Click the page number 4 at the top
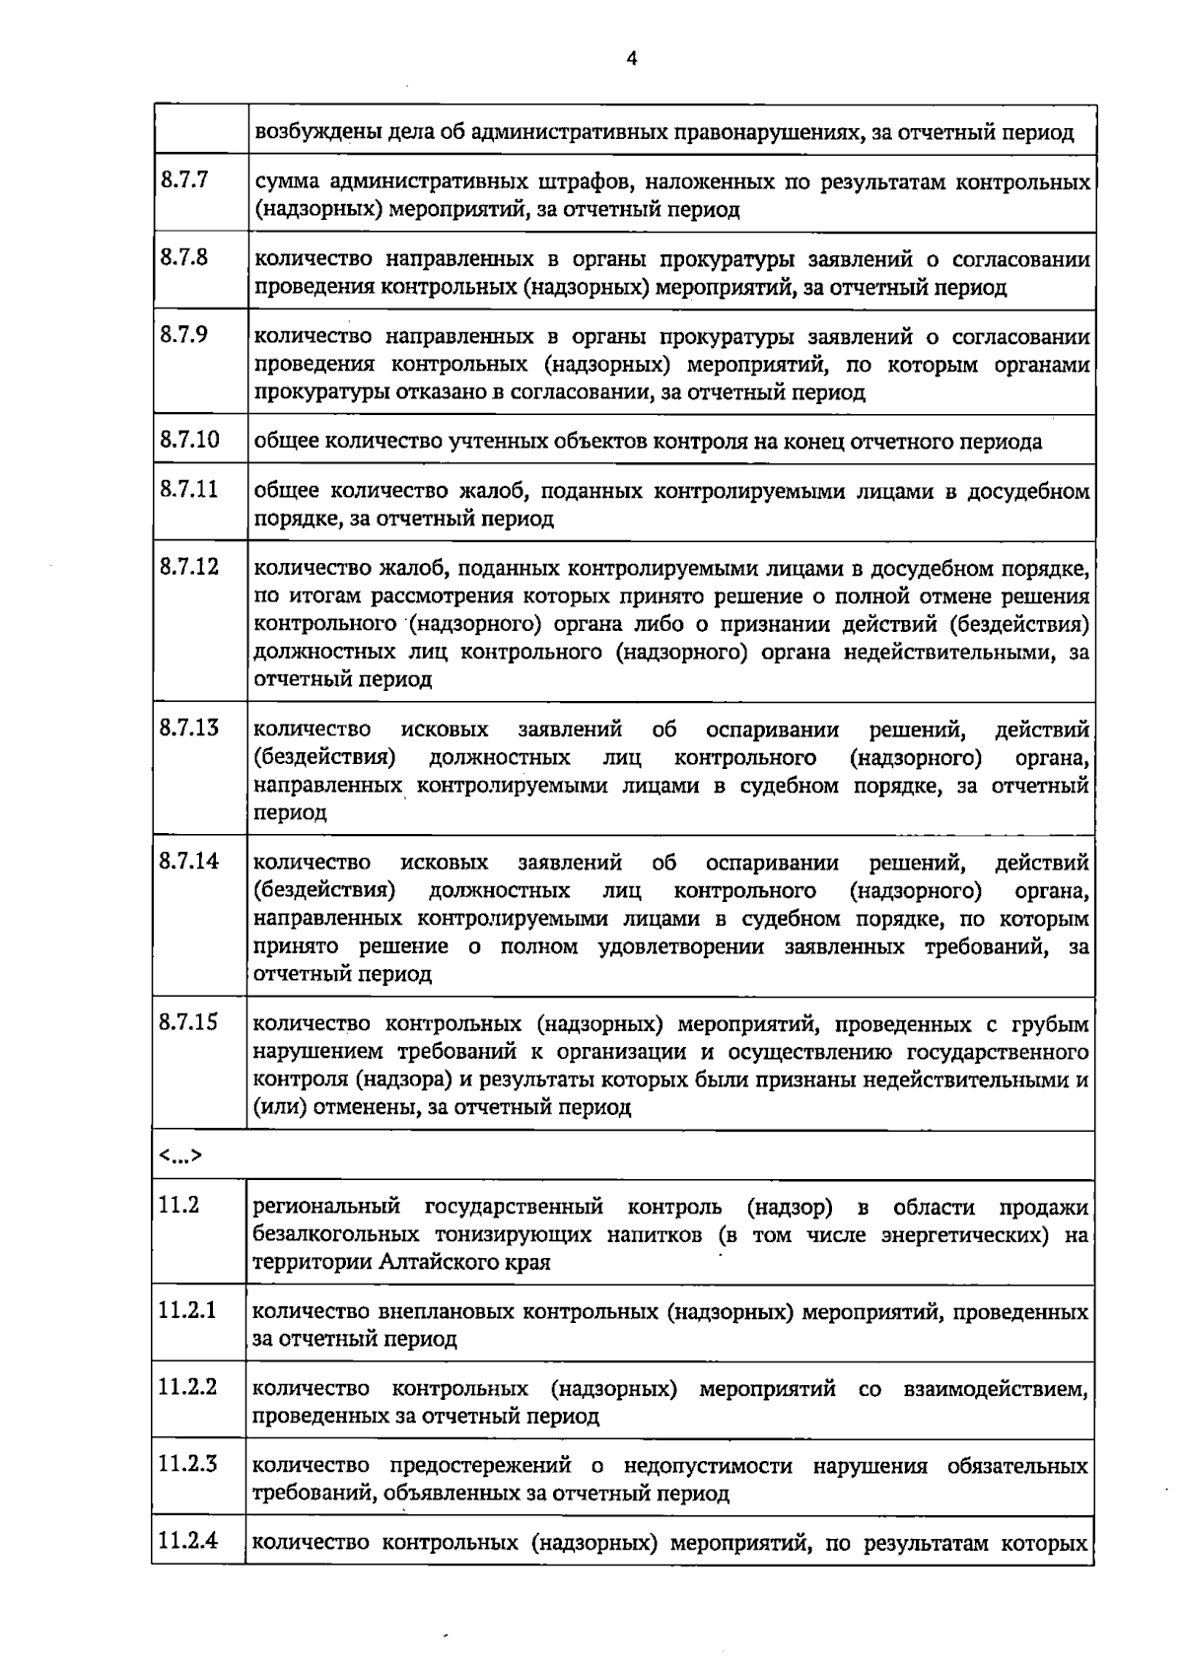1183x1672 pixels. click(632, 59)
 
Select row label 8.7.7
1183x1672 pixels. click(183, 181)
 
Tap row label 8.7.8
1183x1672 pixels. click(183, 258)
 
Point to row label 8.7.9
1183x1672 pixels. click(183, 335)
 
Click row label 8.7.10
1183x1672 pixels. click(188, 440)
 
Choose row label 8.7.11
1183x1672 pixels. click(188, 489)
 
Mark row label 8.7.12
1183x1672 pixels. click(188, 567)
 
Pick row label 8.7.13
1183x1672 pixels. click(188, 729)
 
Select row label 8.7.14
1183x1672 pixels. click(188, 862)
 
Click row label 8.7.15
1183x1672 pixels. click(188, 1022)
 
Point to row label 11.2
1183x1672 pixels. click(178, 1205)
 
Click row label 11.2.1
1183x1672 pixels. click(187, 1311)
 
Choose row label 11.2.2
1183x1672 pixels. click(187, 1387)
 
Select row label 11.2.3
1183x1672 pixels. click(187, 1464)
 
